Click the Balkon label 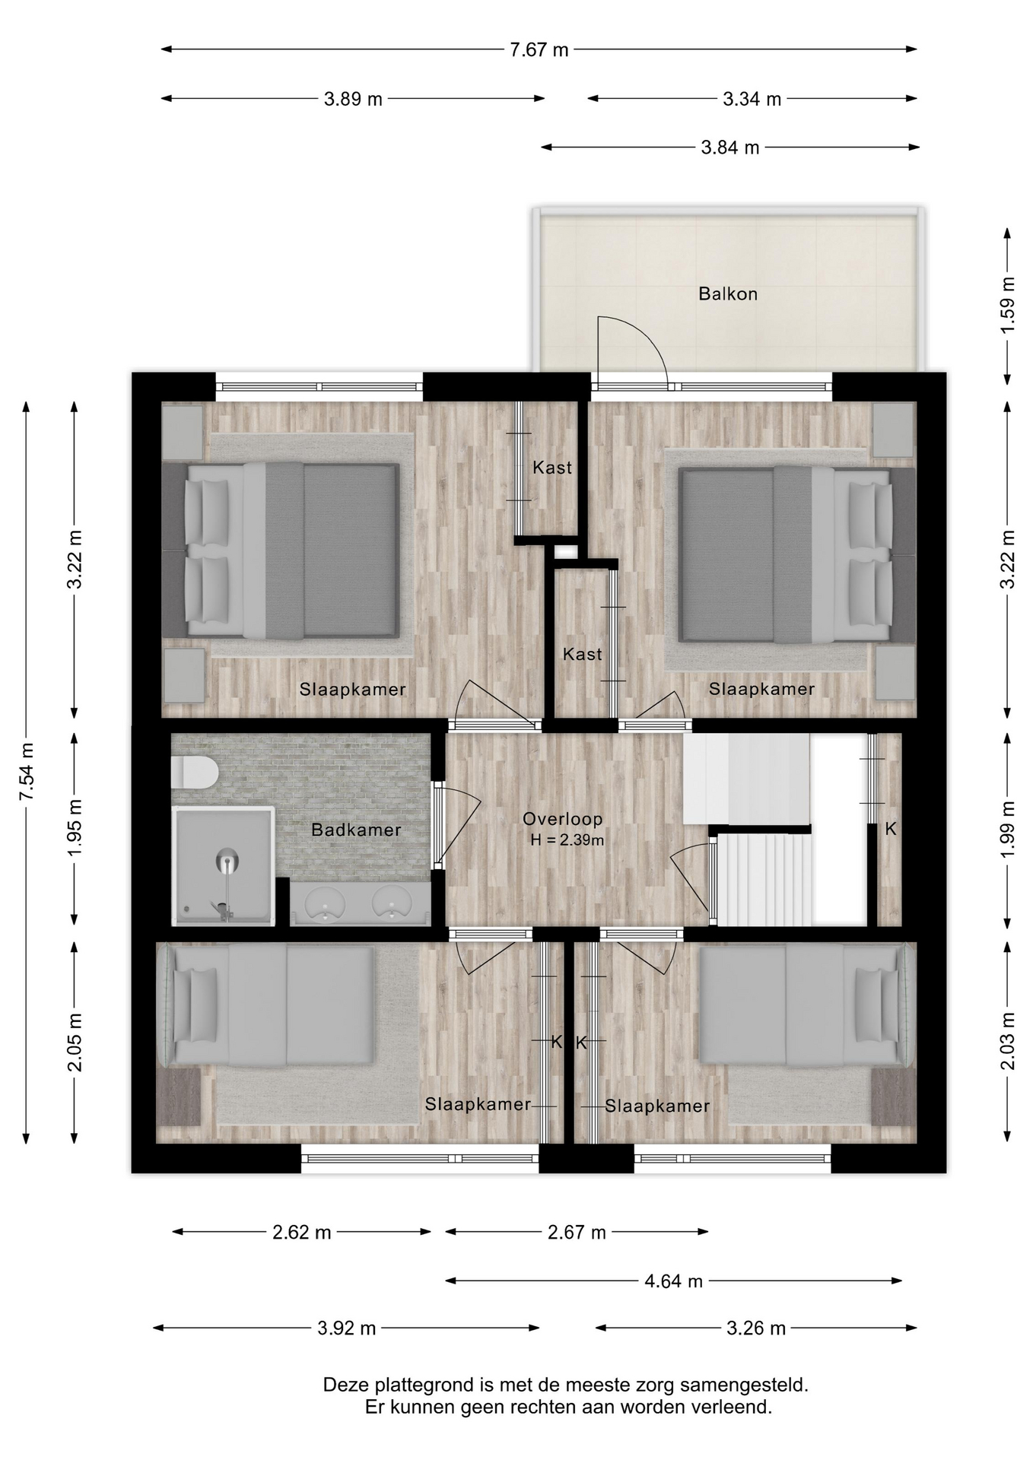(x=728, y=294)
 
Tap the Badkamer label (x=356, y=830)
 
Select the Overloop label (x=562, y=819)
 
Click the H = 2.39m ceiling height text (x=567, y=840)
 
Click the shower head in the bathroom (x=227, y=861)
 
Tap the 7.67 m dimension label (x=539, y=50)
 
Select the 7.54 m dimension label (x=27, y=771)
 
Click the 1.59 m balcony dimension (x=1007, y=304)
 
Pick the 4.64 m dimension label (x=673, y=1281)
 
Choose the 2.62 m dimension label (x=302, y=1232)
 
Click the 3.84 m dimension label (x=729, y=148)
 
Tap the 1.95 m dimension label (x=75, y=828)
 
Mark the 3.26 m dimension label (x=756, y=1328)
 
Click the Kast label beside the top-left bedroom (x=552, y=468)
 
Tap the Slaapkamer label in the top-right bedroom (x=761, y=689)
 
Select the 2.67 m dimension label (x=577, y=1232)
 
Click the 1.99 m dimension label (x=1007, y=830)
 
